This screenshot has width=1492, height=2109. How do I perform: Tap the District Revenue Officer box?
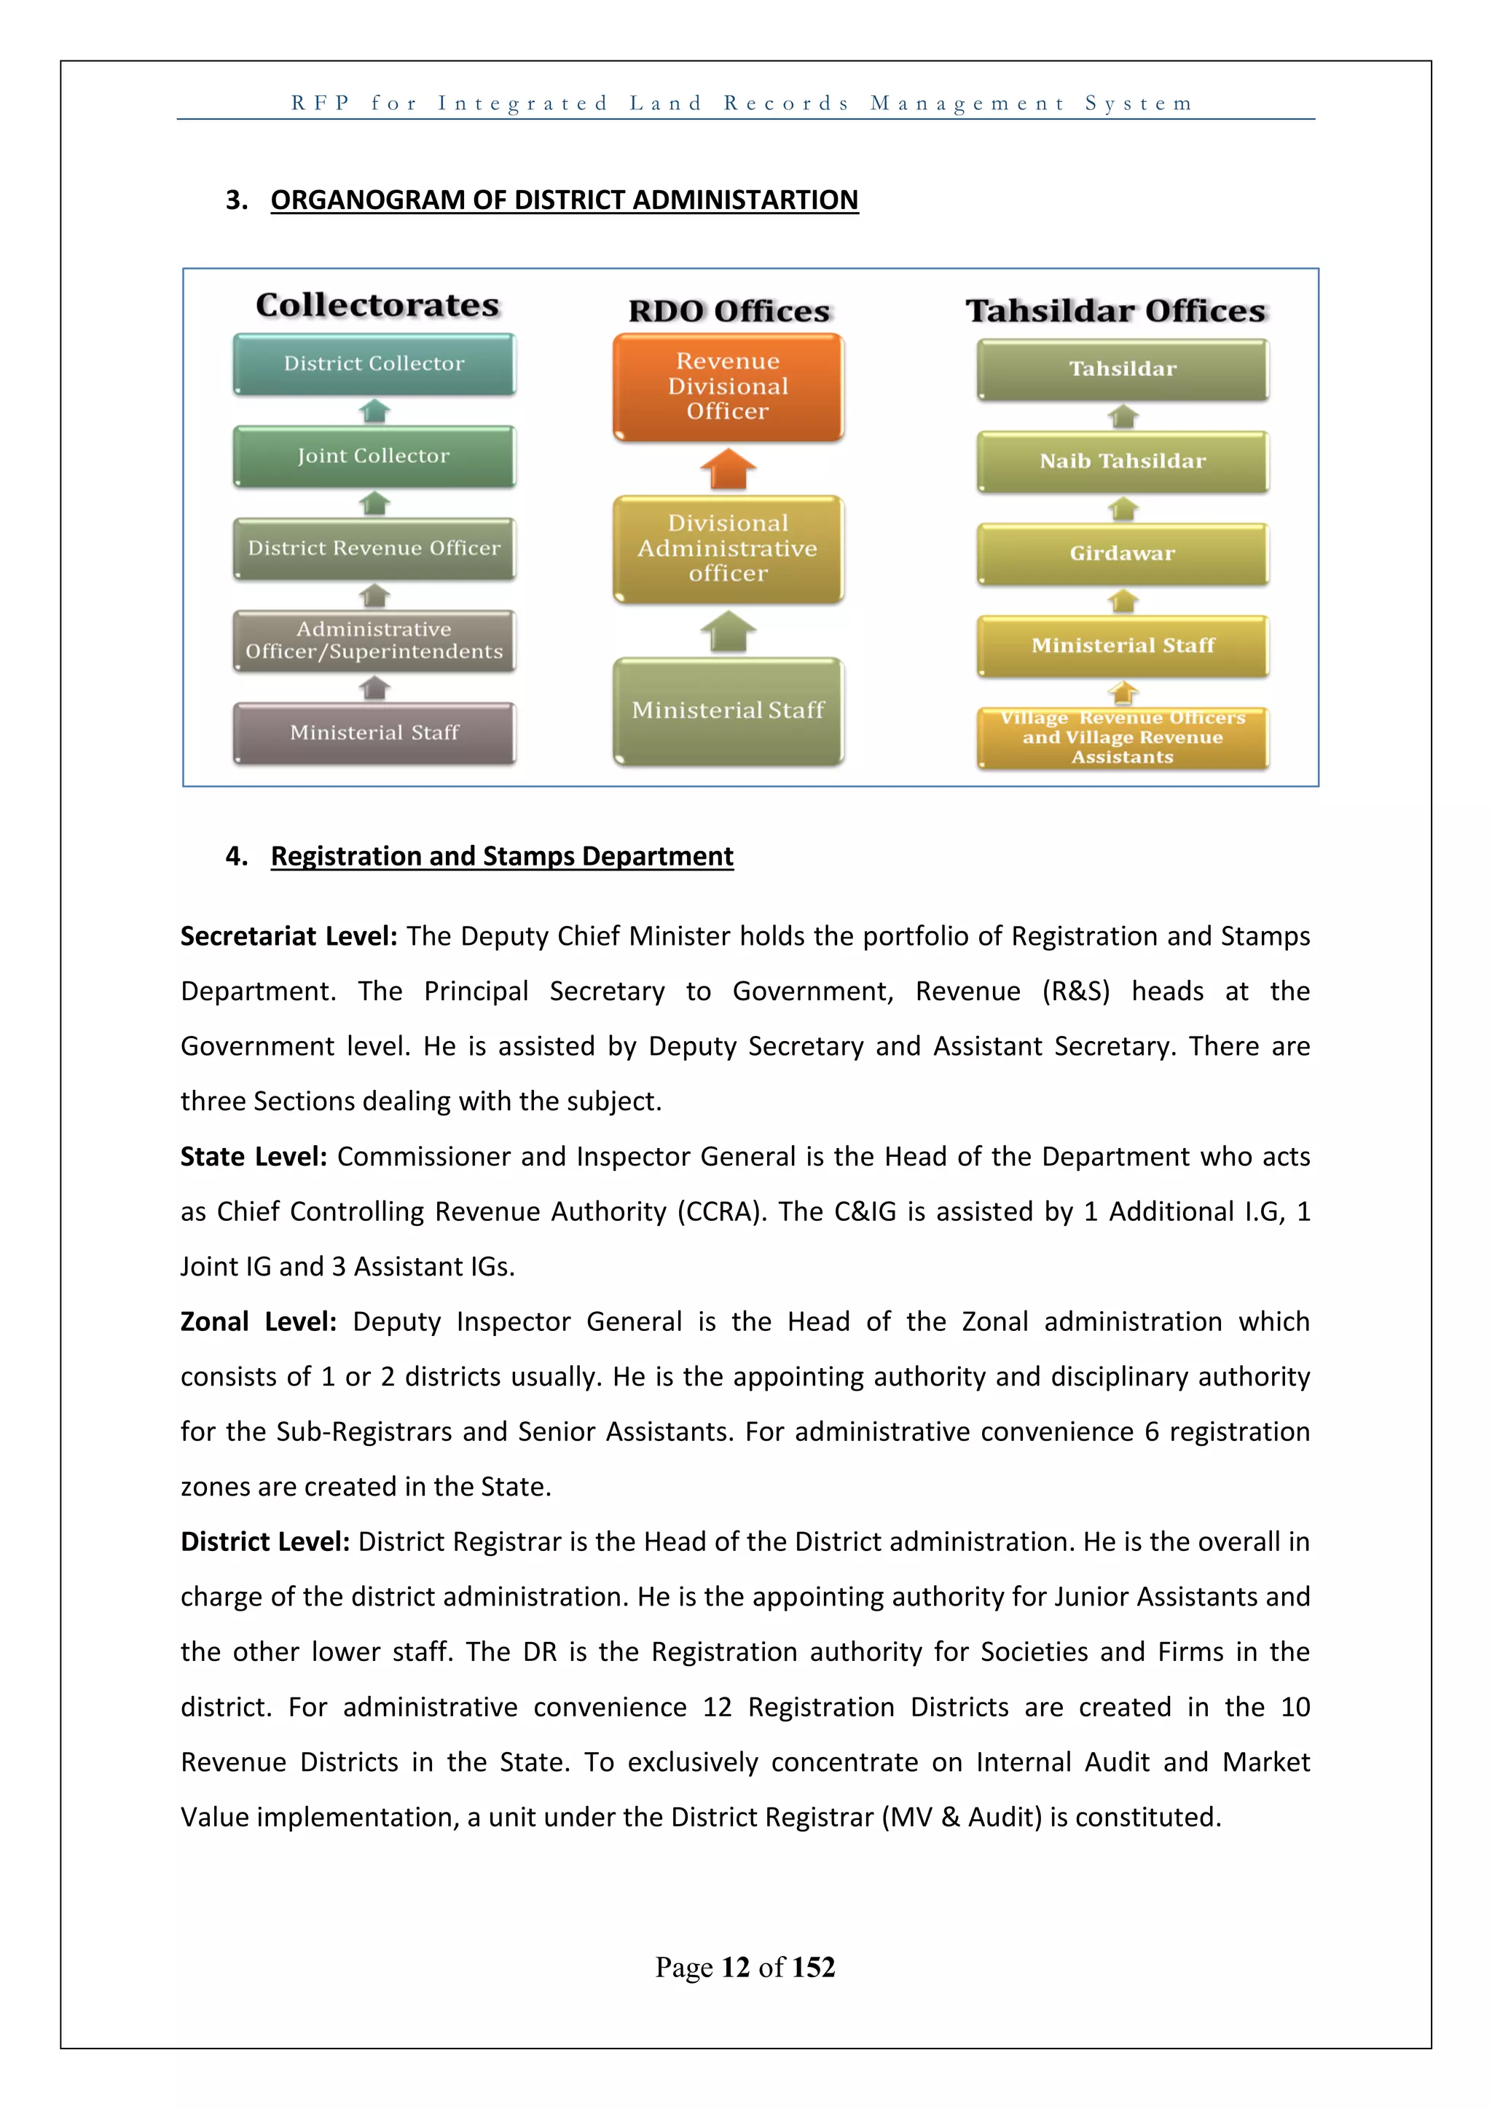(x=374, y=549)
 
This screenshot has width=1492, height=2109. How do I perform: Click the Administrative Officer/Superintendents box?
(x=374, y=640)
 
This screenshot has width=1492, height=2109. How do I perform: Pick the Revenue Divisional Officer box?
(x=728, y=387)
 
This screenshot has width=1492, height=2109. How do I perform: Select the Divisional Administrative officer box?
(x=728, y=549)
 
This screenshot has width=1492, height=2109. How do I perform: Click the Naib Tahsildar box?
(x=1123, y=461)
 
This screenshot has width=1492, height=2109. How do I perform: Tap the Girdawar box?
(x=1123, y=553)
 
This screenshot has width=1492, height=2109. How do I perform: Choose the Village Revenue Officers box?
(x=1123, y=737)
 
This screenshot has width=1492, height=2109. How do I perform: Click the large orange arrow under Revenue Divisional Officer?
(x=728, y=469)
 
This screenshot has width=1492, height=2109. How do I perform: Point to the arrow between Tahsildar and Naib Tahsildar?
(x=1123, y=417)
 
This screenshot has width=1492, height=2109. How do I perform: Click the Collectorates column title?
(x=377, y=305)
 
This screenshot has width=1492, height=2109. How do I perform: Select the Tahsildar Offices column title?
(x=1115, y=311)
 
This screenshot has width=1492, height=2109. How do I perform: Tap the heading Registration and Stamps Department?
(x=502, y=856)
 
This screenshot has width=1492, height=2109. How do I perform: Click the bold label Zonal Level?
(x=258, y=1321)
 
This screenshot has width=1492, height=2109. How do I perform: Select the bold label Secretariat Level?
(x=288, y=936)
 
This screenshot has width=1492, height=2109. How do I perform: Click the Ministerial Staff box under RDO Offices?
(x=728, y=710)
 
